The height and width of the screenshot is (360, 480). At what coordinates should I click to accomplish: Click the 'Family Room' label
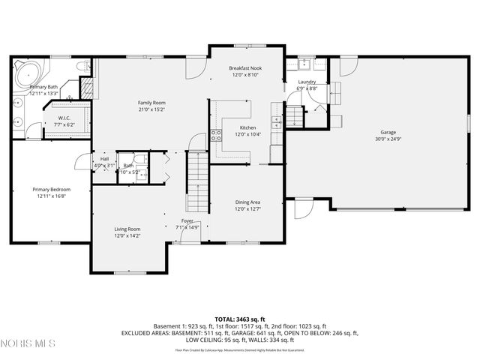pyautogui.click(x=151, y=103)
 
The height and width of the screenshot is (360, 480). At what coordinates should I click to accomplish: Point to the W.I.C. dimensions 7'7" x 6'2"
pyautogui.click(x=64, y=125)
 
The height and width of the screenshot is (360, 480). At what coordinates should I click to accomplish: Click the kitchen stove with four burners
pyautogui.click(x=216, y=135)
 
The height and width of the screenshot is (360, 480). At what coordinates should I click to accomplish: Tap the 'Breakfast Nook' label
pyautogui.click(x=244, y=67)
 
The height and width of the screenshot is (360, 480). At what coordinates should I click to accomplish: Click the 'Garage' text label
pyautogui.click(x=387, y=131)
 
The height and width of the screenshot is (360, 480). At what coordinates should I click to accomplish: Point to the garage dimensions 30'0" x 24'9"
pyautogui.click(x=387, y=139)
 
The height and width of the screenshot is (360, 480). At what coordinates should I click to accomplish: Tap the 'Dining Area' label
pyautogui.click(x=247, y=202)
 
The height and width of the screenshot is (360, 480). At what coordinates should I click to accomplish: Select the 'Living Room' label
pyautogui.click(x=127, y=229)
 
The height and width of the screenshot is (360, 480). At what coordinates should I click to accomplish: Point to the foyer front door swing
pyautogui.click(x=183, y=236)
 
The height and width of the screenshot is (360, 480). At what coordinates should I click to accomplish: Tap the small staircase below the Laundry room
pyautogui.click(x=295, y=116)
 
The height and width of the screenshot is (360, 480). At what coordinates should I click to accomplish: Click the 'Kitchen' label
pyautogui.click(x=247, y=127)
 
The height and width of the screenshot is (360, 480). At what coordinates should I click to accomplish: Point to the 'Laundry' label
pyautogui.click(x=307, y=82)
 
